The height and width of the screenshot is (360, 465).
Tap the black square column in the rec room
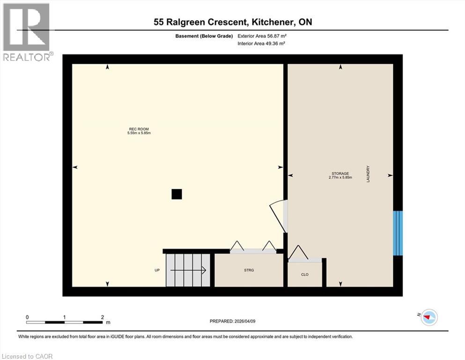(177, 194)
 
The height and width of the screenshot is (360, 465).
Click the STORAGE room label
(340, 173)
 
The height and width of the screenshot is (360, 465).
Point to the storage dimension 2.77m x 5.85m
(340, 178)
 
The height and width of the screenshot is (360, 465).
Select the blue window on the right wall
(398, 233)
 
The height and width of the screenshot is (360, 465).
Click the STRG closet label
(249, 270)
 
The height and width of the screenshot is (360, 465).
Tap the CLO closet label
(304, 274)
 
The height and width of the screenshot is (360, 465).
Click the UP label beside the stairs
(157, 270)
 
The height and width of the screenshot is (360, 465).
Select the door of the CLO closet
(298, 253)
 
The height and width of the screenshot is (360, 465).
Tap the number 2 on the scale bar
(103, 317)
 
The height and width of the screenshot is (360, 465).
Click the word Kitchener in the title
(273, 22)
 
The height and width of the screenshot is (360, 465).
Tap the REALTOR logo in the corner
(27, 32)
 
